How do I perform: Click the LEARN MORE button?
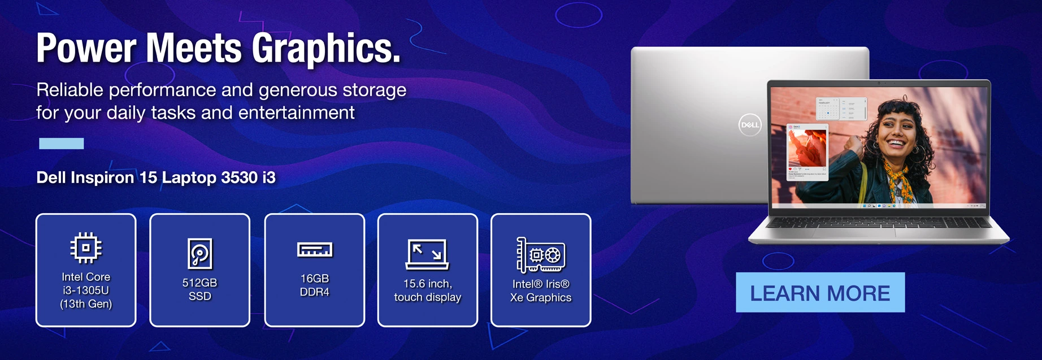820,292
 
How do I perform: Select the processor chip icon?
86,248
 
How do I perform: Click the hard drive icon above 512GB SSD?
200,253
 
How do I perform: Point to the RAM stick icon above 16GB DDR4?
315,249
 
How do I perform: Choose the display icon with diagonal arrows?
427,254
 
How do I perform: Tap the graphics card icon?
541,255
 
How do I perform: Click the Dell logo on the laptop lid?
750,125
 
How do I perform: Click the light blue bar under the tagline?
62,144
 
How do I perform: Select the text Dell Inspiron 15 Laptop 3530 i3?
156,177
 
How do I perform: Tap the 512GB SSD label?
199,289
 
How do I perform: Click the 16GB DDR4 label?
315,285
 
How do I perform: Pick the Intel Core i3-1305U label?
86,290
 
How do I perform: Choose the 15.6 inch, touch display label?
428,290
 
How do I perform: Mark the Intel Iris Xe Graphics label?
541,290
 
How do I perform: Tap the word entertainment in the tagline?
297,112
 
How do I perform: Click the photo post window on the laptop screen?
807,153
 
